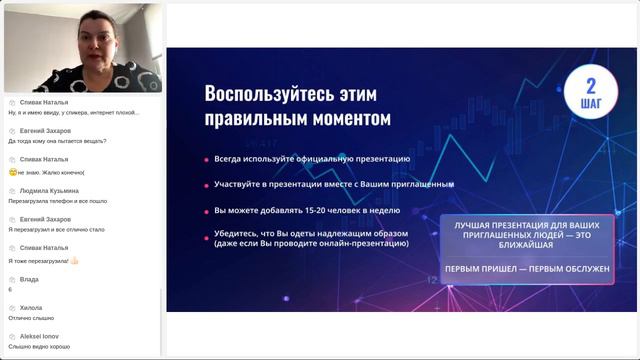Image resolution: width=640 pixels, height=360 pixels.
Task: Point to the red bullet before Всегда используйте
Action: point(206,159)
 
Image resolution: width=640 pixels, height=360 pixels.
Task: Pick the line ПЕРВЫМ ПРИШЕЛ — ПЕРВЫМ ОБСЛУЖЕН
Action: point(527,269)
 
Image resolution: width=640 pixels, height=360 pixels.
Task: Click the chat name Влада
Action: point(29,279)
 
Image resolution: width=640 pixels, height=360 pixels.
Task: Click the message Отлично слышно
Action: point(31,318)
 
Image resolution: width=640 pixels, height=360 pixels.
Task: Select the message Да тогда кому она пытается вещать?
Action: point(57,141)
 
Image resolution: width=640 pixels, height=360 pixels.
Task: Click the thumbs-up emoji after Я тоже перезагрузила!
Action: point(73,260)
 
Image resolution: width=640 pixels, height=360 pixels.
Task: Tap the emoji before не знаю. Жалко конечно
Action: point(12,171)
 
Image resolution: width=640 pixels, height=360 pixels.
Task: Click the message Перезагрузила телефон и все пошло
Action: point(57,200)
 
